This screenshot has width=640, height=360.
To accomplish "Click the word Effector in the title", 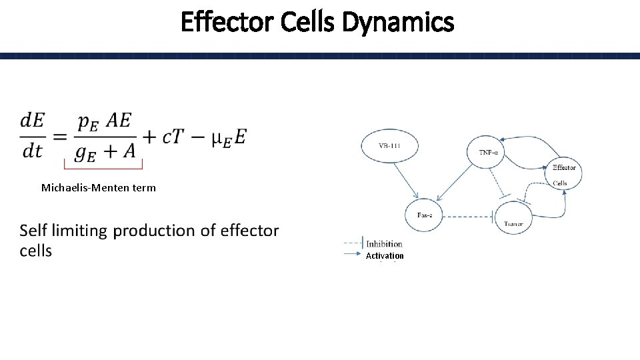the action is pyautogui.click(x=227, y=23).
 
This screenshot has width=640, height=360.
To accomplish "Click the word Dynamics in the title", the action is pyautogui.click(x=397, y=23).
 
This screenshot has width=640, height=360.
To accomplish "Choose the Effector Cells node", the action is pyautogui.click(x=564, y=173).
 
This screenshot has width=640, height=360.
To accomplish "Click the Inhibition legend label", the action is pyautogui.click(x=384, y=244).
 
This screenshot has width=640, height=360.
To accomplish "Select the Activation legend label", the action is pyautogui.click(x=385, y=255).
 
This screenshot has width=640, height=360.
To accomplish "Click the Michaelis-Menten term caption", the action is pyautogui.click(x=99, y=188).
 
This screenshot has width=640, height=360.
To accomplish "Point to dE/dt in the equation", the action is pyautogui.click(x=32, y=135).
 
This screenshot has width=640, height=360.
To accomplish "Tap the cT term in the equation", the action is pyautogui.click(x=175, y=137).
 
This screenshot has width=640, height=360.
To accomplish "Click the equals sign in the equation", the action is pyautogui.click(x=60, y=137).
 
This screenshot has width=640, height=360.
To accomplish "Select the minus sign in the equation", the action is pyautogui.click(x=199, y=137).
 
